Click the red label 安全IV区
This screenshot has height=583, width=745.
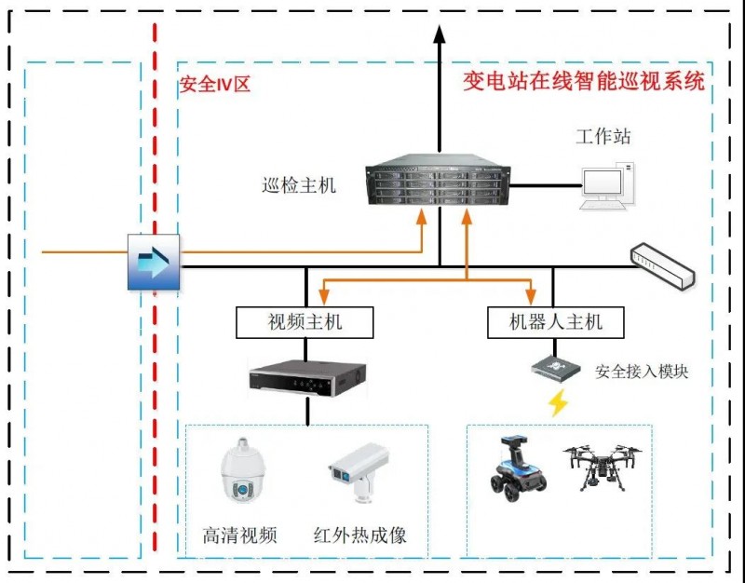click(x=214, y=85)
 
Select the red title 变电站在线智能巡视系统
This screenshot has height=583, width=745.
click(x=584, y=81)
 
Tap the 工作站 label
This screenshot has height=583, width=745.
click(x=603, y=136)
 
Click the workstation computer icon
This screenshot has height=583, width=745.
click(x=608, y=185)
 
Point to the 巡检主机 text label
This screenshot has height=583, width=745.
click(x=299, y=185)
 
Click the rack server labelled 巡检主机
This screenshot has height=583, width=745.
click(x=438, y=180)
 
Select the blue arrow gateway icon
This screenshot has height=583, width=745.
click(x=154, y=262)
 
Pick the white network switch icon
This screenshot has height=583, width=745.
click(x=662, y=265)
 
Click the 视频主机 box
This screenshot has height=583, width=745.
click(x=305, y=322)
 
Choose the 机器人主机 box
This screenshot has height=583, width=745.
click(x=555, y=322)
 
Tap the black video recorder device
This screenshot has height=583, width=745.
click(x=307, y=378)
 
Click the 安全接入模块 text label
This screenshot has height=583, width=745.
click(x=642, y=372)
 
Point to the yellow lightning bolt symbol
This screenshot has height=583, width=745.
click(x=558, y=403)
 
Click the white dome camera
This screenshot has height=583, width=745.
click(x=243, y=470)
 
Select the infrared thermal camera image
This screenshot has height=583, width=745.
click(x=359, y=471)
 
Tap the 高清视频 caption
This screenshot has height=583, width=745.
click(x=239, y=536)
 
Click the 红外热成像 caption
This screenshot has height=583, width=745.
click(x=359, y=536)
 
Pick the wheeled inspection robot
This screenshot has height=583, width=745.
click(x=519, y=468)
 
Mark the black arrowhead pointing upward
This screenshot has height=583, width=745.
click(x=440, y=34)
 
